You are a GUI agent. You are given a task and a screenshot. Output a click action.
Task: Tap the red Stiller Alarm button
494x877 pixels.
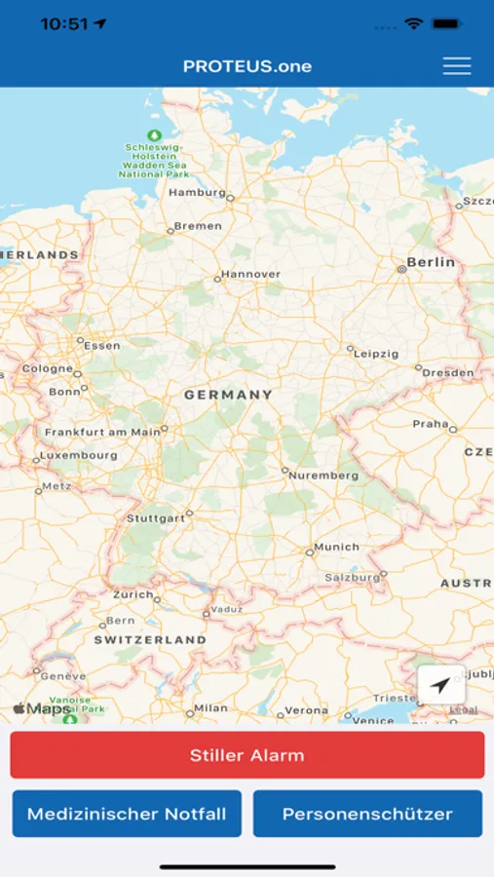[247, 755]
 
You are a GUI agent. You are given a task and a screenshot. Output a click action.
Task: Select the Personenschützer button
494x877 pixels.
[367, 814]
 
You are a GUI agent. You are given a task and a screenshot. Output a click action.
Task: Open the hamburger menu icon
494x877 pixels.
[456, 66]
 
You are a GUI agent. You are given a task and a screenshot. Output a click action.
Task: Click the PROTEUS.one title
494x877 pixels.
[247, 66]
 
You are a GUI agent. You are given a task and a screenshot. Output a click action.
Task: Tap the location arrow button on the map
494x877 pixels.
[440, 685]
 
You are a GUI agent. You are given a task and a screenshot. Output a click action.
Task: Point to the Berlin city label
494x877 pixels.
[431, 262]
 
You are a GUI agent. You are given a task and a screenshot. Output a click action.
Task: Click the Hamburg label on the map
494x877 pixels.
[197, 192]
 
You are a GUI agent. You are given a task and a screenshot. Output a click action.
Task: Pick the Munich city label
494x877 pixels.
[336, 548]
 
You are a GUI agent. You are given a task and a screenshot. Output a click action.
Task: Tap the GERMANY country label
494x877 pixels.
[229, 395]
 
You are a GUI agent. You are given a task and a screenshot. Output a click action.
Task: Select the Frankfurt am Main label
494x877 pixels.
[102, 432]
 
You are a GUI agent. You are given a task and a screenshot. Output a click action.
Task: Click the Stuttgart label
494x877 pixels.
[156, 518]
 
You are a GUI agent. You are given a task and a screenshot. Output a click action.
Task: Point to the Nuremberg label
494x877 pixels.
[323, 476]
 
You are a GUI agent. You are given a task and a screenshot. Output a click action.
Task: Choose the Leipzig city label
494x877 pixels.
[376, 354]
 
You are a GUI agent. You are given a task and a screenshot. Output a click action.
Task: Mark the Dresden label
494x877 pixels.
[448, 372]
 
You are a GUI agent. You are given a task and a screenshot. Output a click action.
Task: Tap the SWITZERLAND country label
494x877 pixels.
[150, 640]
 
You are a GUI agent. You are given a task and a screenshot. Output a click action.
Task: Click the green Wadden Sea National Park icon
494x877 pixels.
[153, 134]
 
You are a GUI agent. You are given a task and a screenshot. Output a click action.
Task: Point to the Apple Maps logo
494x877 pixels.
[41, 708]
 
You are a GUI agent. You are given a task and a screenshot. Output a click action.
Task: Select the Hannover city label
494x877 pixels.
[250, 275]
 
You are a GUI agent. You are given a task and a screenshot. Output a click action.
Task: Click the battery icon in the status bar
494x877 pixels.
[446, 23]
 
